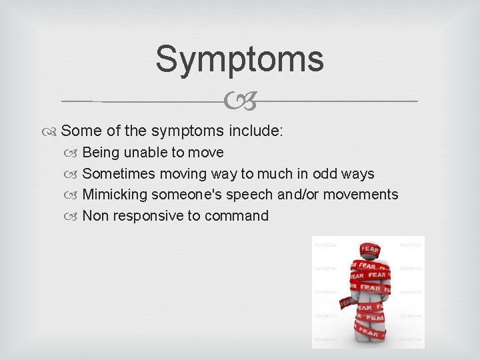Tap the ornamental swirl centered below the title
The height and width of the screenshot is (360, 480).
point(240,102)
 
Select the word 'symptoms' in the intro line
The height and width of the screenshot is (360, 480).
point(193,131)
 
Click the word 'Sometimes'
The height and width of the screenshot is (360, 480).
point(119,174)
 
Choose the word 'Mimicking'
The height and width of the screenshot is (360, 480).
point(115,195)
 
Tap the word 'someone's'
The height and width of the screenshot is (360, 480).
point(185,195)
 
